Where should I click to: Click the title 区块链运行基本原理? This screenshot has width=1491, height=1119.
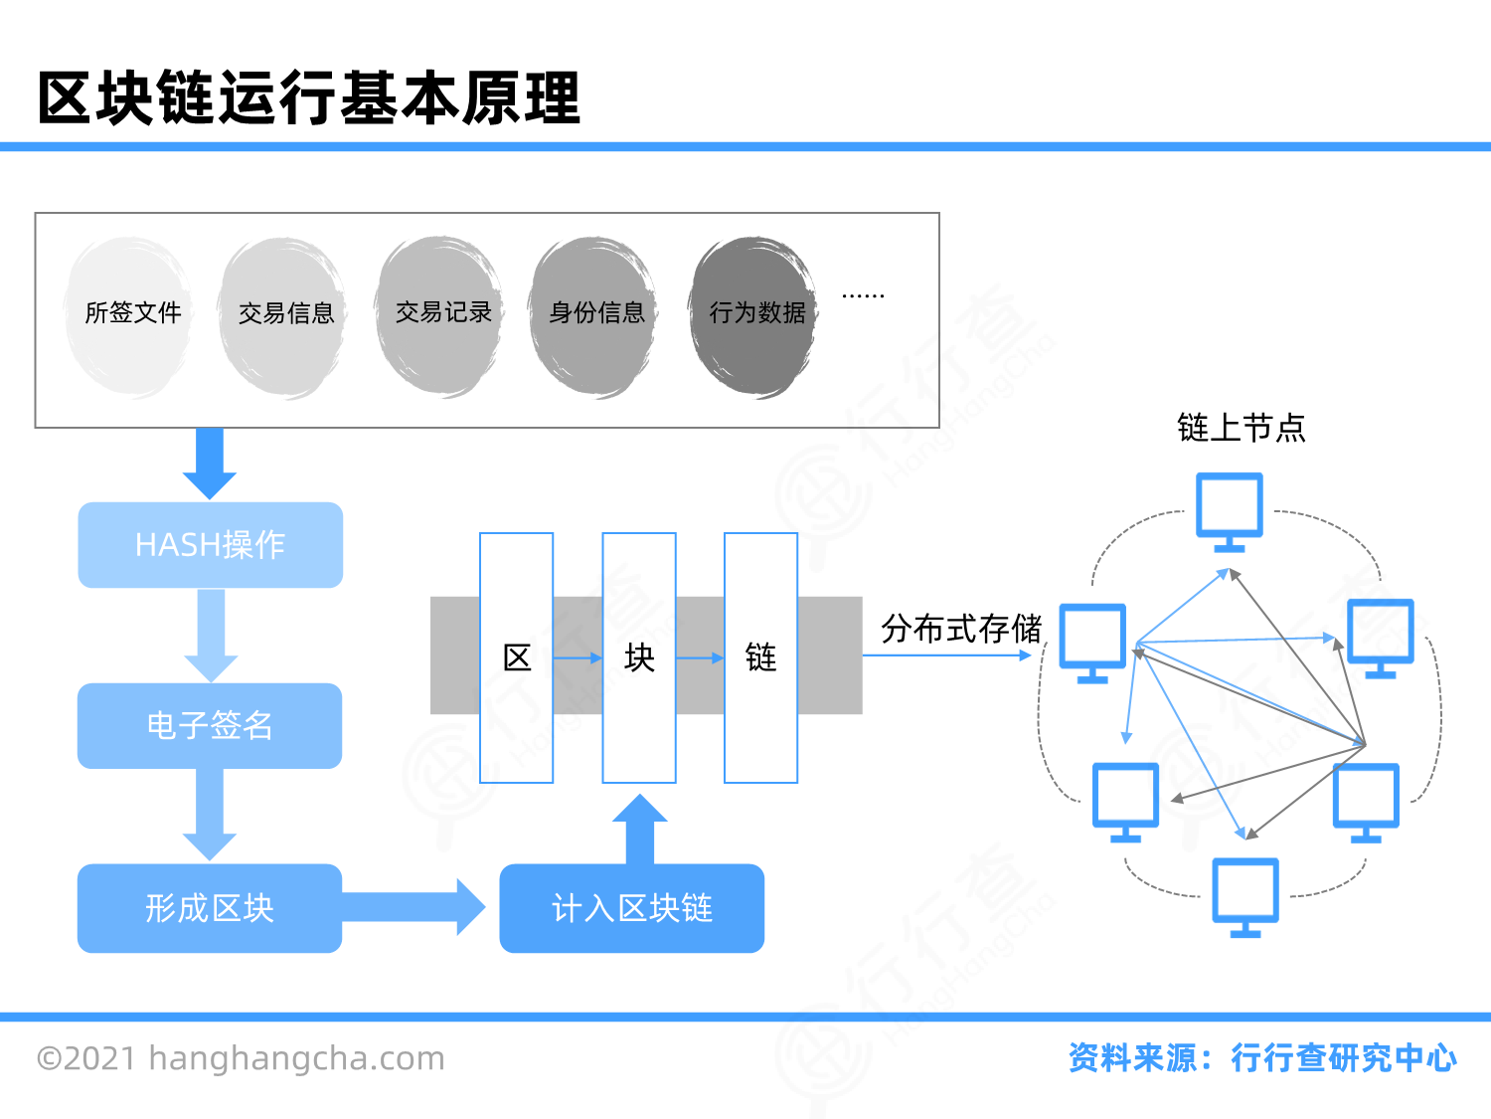[309, 98]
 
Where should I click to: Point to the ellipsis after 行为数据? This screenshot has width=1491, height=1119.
[863, 295]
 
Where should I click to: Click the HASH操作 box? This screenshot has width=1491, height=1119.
[211, 545]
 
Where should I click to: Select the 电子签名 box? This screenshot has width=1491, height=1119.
[210, 726]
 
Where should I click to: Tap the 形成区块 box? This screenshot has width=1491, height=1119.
[210, 908]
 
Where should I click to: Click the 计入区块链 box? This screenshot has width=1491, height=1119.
[631, 908]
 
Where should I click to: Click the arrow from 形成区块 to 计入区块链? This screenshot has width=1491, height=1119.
[417, 907]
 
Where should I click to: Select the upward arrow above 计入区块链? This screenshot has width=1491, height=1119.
[639, 828]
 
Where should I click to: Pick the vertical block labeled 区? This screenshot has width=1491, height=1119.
[517, 657]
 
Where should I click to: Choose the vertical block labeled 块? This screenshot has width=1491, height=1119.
[639, 657]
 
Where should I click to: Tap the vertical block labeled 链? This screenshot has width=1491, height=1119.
[760, 657]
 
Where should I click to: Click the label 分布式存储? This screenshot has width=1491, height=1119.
[960, 629]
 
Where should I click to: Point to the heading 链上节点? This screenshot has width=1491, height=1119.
[1241, 428]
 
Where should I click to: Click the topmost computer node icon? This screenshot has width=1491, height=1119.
[1230, 509]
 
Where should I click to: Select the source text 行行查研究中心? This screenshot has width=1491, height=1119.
[1343, 1057]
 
